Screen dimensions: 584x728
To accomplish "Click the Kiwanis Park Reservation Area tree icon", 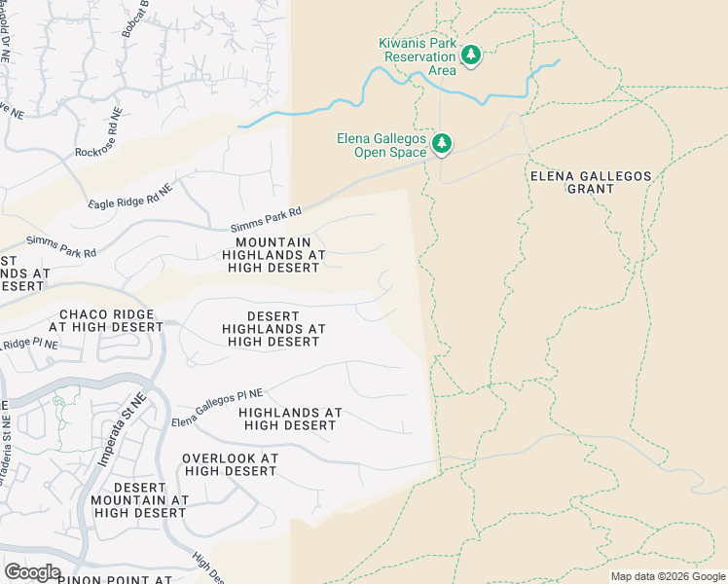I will pyautogui.click(x=471, y=55).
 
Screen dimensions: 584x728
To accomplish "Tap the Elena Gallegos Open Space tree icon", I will pyautogui.click(x=442, y=144).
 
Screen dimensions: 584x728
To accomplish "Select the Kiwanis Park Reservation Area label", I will pyautogui.click(x=417, y=55).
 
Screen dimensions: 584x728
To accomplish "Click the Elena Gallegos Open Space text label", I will pyautogui.click(x=382, y=145).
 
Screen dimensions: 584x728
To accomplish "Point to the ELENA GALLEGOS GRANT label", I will pyautogui.click(x=591, y=182).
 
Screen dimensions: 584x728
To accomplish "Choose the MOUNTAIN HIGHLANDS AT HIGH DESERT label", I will pyautogui.click(x=273, y=255).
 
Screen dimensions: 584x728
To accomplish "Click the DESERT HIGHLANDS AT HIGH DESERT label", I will pyautogui.click(x=273, y=329).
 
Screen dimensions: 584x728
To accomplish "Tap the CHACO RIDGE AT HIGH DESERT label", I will pyautogui.click(x=111, y=320).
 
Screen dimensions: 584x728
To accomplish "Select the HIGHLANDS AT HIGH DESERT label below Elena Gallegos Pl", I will pyautogui.click(x=290, y=419).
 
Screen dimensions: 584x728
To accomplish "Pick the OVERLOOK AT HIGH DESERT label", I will pyautogui.click(x=231, y=464).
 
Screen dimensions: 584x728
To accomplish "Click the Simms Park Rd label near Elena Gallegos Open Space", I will pyautogui.click(x=266, y=218).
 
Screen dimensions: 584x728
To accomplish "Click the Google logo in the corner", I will pyautogui.click(x=32, y=572).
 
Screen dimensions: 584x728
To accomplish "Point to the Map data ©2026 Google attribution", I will pyautogui.click(x=668, y=576).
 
